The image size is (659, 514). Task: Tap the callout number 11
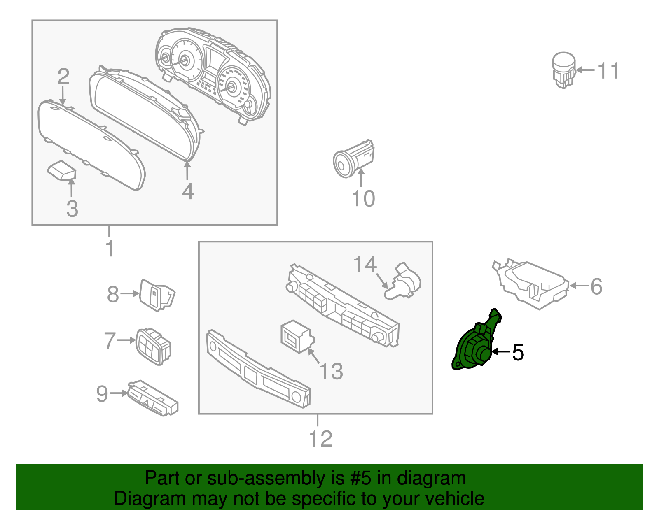tap(608, 71)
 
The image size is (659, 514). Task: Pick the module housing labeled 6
tap(531, 284)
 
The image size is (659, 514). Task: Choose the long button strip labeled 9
tap(152, 397)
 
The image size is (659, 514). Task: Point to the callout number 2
tap(63, 77)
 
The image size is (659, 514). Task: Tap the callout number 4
tap(188, 191)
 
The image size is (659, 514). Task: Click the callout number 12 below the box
tap(320, 439)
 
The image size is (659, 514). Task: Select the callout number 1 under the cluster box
tap(109, 249)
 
